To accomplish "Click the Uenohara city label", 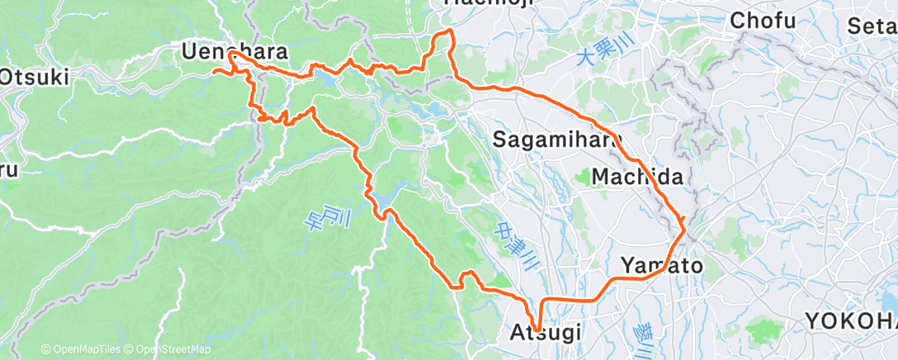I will (234, 52).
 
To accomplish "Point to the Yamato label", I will (661, 266).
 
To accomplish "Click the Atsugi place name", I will (544, 334).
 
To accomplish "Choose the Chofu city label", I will (762, 21).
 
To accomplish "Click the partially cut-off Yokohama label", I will (850, 320).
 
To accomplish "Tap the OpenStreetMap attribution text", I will (170, 349).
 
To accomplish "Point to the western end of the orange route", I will (215, 72).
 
